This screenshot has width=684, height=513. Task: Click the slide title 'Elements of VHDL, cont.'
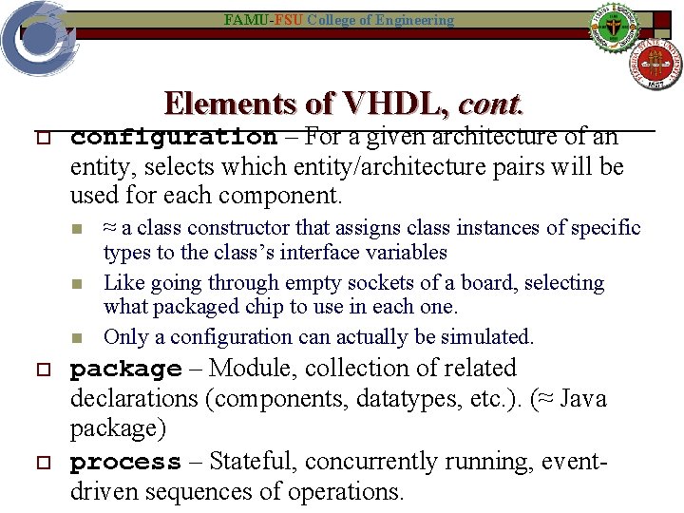click(343, 104)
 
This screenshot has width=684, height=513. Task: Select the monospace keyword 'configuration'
click(174, 138)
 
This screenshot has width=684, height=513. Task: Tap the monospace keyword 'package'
click(125, 370)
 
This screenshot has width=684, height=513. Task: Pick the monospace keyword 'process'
click(125, 463)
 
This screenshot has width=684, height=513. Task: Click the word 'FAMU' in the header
click(241, 20)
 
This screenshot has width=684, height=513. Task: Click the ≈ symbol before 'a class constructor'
click(110, 228)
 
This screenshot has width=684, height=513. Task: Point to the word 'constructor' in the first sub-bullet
click(245, 228)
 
